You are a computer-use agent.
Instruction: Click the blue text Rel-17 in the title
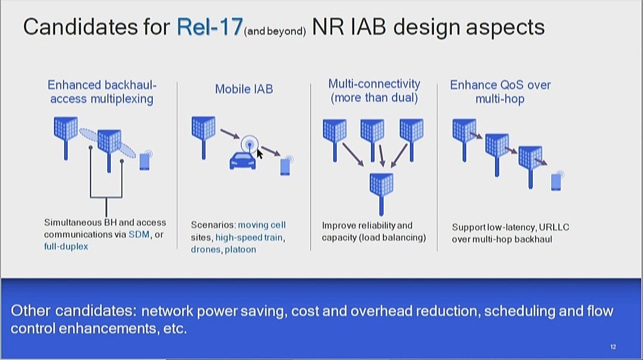[x=210, y=26]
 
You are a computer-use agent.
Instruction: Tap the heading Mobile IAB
[x=244, y=89]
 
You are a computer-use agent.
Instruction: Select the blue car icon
[x=242, y=161]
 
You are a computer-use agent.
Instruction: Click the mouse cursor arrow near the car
[x=259, y=154]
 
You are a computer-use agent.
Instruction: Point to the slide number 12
[x=613, y=347]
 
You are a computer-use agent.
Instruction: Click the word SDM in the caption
[x=139, y=235]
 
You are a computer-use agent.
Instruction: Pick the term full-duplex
[x=66, y=246]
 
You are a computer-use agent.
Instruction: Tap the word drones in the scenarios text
[x=206, y=249]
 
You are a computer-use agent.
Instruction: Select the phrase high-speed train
[x=249, y=237]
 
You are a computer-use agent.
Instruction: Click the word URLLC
[x=554, y=227]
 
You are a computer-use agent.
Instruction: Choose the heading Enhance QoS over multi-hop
[x=500, y=92]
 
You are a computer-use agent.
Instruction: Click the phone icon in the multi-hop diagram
[x=557, y=181]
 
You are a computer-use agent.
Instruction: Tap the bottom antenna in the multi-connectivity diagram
[x=381, y=193]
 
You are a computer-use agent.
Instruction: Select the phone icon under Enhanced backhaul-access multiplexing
[x=145, y=161]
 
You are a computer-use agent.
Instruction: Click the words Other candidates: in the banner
[x=73, y=311]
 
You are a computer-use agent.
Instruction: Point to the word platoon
[x=240, y=249]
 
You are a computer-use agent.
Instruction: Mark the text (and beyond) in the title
[x=274, y=32]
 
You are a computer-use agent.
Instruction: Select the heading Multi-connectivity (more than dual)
[x=374, y=90]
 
